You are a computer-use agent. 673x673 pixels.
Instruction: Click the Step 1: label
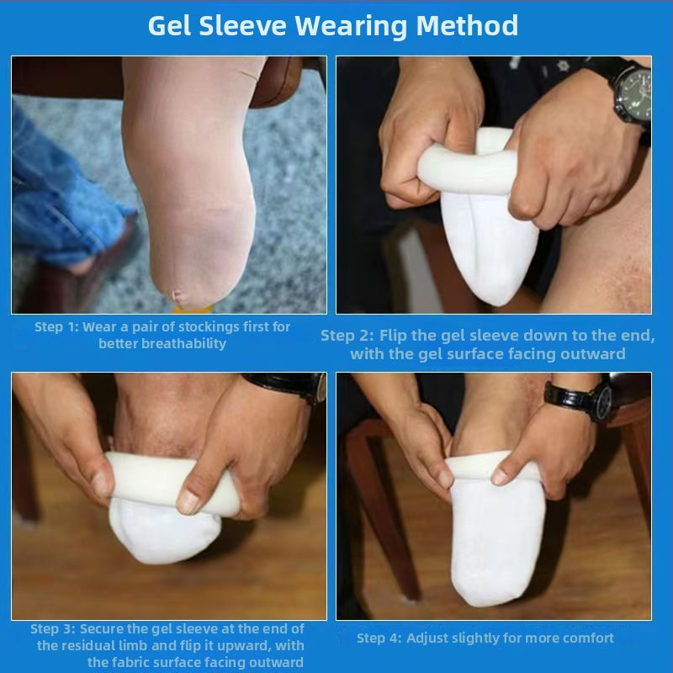(56, 326)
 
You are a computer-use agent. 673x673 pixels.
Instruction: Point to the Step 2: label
(348, 336)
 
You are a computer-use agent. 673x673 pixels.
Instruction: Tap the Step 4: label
(379, 638)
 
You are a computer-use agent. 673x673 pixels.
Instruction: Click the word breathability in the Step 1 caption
(183, 343)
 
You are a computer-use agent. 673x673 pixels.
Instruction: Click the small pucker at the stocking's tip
(178, 295)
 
